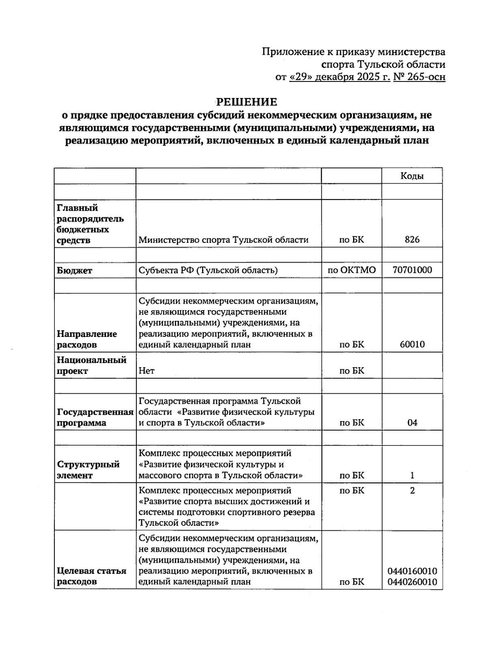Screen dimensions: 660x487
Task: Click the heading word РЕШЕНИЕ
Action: [246, 102]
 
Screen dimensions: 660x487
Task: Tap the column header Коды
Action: [412, 176]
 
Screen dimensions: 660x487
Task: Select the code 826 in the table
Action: [412, 240]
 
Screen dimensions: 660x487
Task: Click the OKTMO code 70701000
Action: [412, 270]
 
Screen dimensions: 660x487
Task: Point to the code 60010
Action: [412, 345]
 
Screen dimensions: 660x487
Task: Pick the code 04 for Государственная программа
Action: [412, 423]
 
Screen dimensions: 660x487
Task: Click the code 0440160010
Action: [412, 571]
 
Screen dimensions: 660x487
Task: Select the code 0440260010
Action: [412, 582]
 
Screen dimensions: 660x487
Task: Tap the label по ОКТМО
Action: [351, 270]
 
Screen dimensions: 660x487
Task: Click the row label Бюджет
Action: [74, 271]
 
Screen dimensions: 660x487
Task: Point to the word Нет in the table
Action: [146, 371]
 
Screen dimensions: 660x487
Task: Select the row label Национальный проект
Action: [91, 365]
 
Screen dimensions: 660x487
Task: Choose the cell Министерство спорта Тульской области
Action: [223, 240]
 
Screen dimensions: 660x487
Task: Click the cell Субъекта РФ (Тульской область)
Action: [208, 270]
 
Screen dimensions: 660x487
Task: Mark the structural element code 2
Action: [412, 491]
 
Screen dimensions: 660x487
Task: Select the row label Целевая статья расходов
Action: [91, 576]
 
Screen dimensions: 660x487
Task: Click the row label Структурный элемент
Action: [88, 470]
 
